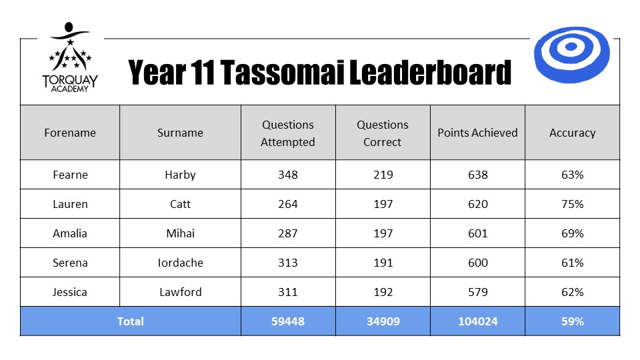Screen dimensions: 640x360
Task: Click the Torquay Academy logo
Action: pos(70,57)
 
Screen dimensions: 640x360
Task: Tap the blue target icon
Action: pos(571,55)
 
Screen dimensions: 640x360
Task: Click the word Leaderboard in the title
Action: pos(430,72)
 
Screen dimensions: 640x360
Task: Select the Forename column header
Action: pos(70,133)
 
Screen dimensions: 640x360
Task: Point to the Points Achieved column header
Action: pos(477,133)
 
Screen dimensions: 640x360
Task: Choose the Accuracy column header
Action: pos(572,133)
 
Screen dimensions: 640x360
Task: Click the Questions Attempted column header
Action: pos(288,133)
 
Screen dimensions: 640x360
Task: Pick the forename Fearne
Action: pos(70,175)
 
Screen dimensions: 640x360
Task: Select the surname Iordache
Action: pos(181,263)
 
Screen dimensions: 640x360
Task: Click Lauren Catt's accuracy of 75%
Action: pos(572,204)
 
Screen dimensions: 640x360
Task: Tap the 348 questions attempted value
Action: pos(288,175)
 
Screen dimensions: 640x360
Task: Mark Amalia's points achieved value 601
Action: pos(477,233)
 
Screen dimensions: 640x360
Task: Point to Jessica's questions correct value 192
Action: pos(383,292)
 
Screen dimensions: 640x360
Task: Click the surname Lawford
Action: pos(181,292)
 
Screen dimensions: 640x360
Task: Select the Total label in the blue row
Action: pos(130,321)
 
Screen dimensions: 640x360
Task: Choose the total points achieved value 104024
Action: pos(477,321)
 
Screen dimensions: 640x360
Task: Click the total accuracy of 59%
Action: pos(572,321)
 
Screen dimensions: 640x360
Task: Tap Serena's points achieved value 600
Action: pos(477,263)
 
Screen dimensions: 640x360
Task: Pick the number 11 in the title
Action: pos(202,72)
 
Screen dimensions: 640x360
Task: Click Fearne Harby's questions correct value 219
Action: pos(383,175)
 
